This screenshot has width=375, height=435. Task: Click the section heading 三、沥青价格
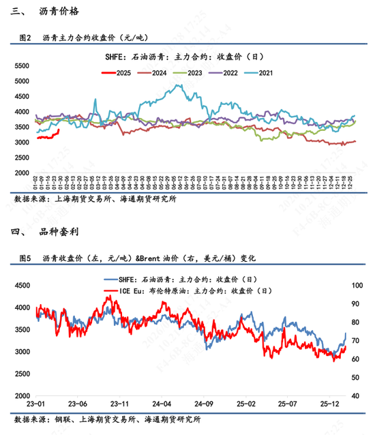tap(44, 12)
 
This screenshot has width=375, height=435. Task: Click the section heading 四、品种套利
tap(44, 232)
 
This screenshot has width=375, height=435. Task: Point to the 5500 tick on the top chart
tap(22, 65)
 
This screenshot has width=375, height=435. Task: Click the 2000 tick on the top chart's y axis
tap(22, 173)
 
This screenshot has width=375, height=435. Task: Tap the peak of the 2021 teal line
tap(179, 85)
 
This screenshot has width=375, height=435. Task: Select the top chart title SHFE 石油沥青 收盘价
tap(186, 57)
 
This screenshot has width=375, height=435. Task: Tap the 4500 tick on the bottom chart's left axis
tap(22, 286)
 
